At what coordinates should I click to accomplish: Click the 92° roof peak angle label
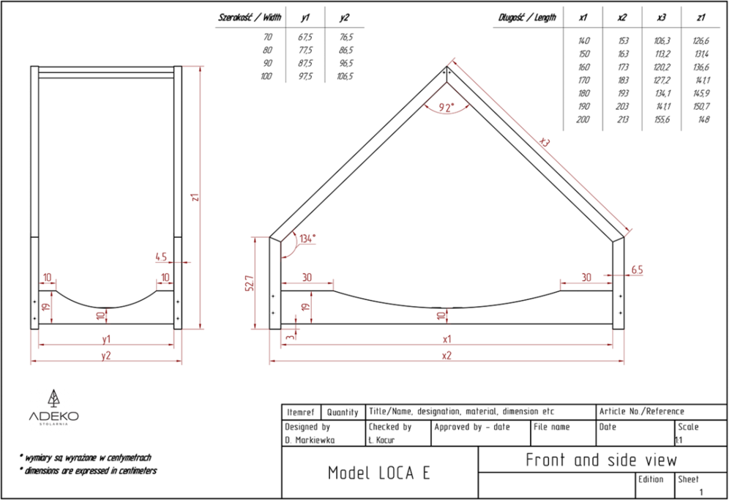447,108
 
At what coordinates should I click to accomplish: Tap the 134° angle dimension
307,239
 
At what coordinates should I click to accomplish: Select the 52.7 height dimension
250,283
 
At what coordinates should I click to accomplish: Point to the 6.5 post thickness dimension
637,270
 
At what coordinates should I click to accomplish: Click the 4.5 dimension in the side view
161,257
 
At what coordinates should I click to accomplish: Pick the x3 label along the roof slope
545,141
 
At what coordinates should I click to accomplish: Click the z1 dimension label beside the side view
195,197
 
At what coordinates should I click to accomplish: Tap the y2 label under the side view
106,356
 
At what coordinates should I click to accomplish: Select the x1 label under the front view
447,339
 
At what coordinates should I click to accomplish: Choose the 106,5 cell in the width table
345,76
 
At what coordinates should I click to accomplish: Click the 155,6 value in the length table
662,119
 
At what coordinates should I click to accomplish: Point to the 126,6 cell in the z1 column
701,41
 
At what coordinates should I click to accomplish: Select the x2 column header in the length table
621,18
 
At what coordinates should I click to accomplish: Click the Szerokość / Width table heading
250,18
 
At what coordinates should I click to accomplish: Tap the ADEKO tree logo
54,398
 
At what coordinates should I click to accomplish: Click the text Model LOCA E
379,473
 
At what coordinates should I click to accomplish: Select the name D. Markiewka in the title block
310,440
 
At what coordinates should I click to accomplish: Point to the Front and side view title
601,460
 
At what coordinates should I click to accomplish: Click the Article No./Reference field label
642,411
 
